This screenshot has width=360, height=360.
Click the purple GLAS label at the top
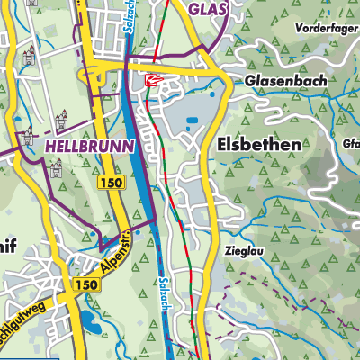point(206,9)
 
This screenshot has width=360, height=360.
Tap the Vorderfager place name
point(325,28)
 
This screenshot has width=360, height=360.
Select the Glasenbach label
point(278,80)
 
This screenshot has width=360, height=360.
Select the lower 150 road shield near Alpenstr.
point(86,284)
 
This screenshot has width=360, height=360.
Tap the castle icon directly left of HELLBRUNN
point(26,140)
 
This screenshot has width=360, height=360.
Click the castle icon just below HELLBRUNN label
point(56,166)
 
